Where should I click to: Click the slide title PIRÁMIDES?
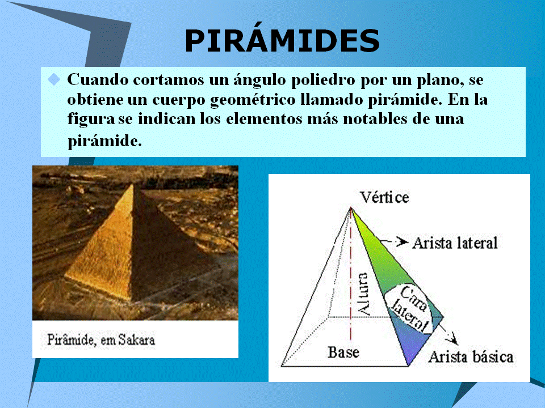click(x=282, y=41)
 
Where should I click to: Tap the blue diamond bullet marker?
click(x=53, y=79)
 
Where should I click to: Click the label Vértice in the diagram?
click(x=384, y=197)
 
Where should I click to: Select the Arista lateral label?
click(x=454, y=243)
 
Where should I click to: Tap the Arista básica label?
click(x=470, y=357)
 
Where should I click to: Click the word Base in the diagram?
click(x=343, y=352)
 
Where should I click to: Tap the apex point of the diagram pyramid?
click(x=351, y=207)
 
